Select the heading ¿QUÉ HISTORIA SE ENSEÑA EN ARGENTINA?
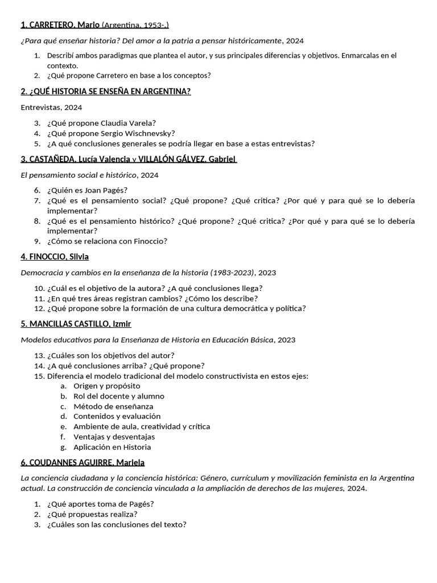[x=105, y=91]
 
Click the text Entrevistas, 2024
[x=51, y=107]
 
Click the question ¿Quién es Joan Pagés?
[x=88, y=190]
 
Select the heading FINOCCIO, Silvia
[x=55, y=257]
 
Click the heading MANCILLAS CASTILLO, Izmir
[x=76, y=324]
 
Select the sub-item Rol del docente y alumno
[x=118, y=396]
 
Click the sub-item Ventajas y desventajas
[x=114, y=437]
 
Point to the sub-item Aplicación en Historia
[x=112, y=447]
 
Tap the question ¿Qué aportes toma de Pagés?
[x=101, y=504]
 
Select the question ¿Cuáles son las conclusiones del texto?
[x=117, y=524]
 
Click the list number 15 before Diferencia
[x=39, y=376]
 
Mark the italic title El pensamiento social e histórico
[x=79, y=175]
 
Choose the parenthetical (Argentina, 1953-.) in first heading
[x=135, y=25]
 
